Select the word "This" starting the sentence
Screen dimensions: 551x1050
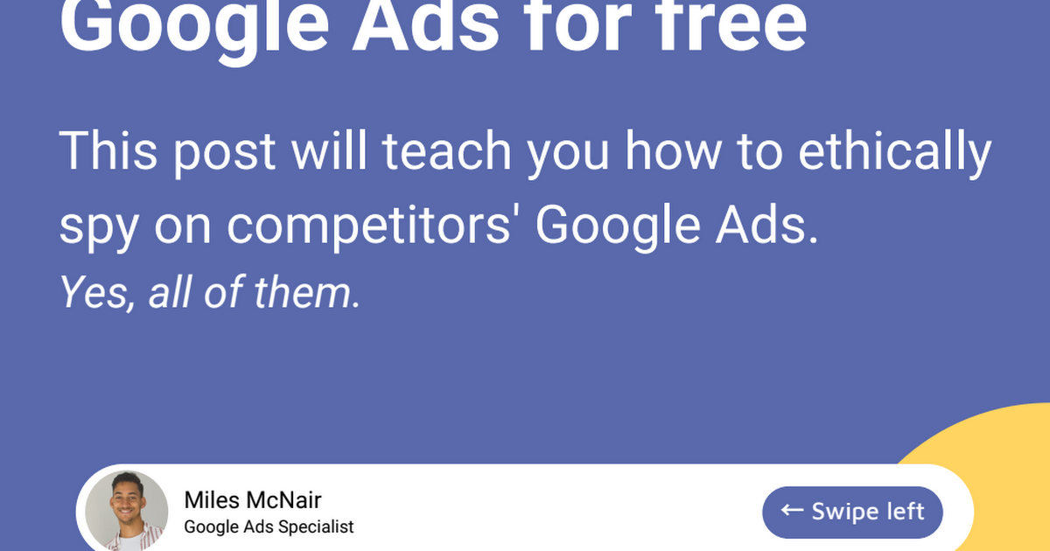[x=108, y=151]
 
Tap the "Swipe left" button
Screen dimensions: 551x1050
[x=852, y=512]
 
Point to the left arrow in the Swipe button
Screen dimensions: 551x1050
[x=792, y=510]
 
